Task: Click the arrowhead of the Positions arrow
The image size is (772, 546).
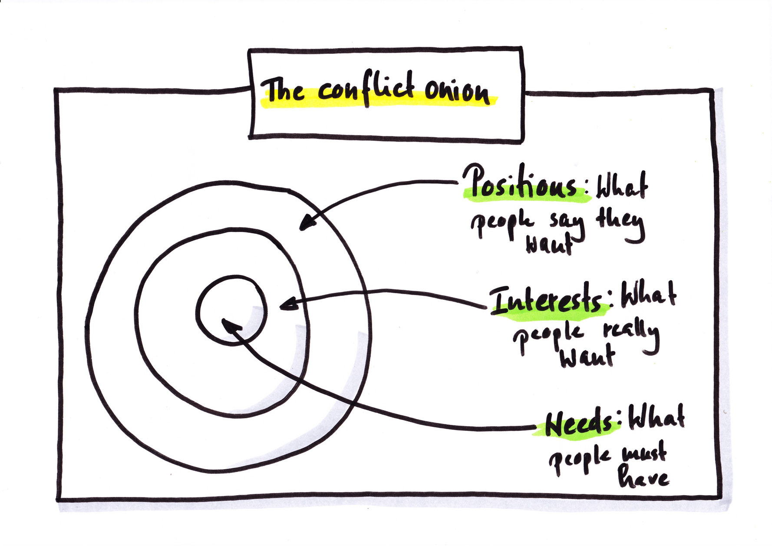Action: click(307, 222)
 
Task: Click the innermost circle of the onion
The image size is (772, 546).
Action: click(231, 310)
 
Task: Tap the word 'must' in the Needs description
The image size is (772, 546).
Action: click(644, 453)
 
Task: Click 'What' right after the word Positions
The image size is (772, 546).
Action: click(621, 187)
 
